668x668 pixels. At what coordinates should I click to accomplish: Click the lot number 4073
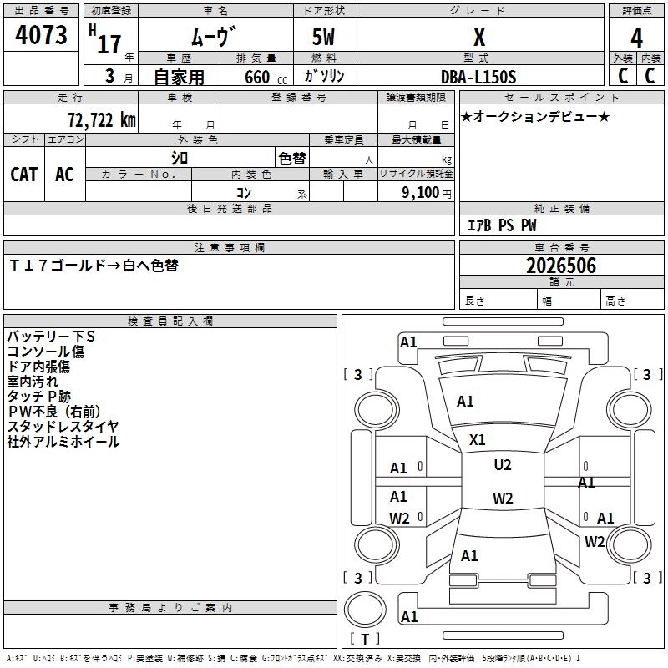point(42,36)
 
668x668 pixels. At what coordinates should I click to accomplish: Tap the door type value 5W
point(324,38)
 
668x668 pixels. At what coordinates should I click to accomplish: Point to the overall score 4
point(636,38)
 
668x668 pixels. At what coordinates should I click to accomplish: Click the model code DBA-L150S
point(478,77)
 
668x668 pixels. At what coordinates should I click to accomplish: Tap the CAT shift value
point(24,174)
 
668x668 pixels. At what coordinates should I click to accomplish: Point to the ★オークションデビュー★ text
point(535,116)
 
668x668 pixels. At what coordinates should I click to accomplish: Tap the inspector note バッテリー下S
point(52,336)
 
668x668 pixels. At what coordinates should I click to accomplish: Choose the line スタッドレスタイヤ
point(63,426)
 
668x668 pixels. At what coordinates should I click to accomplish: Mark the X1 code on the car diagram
point(478,439)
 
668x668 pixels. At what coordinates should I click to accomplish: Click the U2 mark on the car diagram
point(503,465)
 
